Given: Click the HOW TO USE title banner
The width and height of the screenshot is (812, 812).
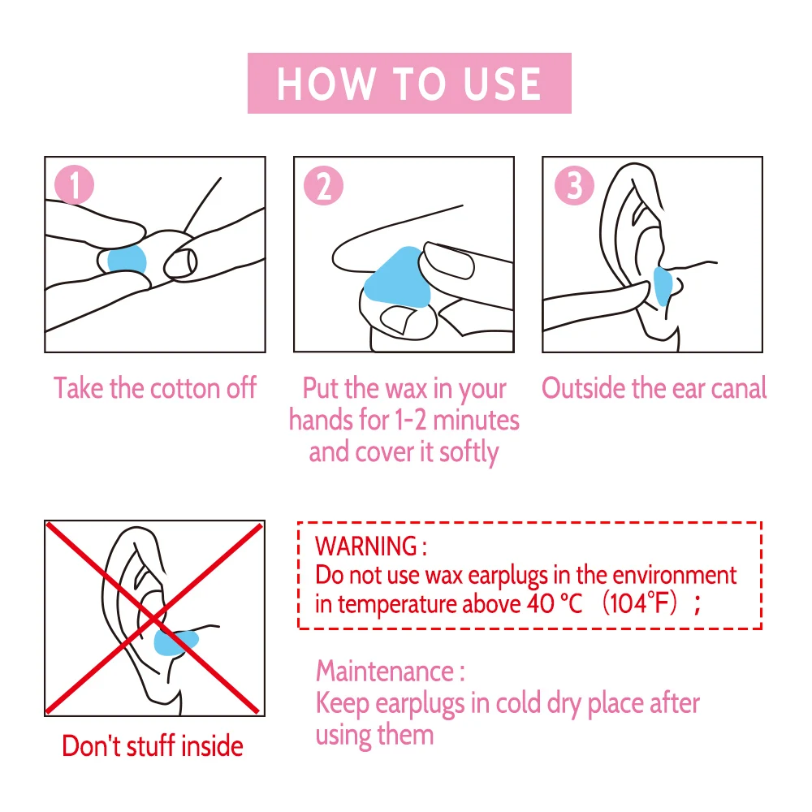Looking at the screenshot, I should coord(409,84).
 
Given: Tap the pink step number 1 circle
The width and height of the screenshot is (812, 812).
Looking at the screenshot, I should coord(75,186).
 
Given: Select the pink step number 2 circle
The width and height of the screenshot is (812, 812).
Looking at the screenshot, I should coord(323,186).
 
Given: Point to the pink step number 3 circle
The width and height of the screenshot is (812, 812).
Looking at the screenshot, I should coord(573,186).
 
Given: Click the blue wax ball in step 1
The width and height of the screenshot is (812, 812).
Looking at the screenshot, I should coord(126,260).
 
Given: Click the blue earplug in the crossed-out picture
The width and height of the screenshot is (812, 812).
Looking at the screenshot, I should coord(174,641).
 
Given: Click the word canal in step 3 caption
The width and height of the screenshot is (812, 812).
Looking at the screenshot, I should coord(738,388).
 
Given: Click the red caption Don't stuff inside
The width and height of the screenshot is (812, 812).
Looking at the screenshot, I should coord(153,745).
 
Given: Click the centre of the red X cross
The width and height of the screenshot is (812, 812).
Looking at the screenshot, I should coord(154,619).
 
